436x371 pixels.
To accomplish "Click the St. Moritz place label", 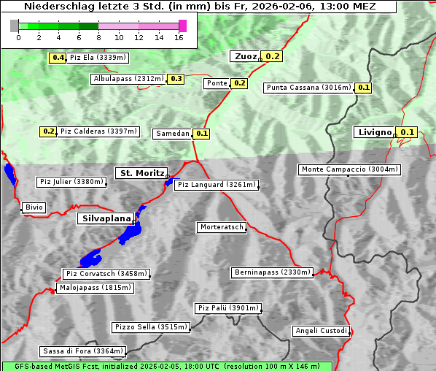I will coord(141,173).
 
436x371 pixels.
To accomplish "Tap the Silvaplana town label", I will coord(106,218).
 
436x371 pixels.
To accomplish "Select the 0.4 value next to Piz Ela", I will coord(57,58).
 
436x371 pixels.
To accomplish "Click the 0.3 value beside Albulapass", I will coord(176,79).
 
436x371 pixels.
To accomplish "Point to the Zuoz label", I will coord(244,56).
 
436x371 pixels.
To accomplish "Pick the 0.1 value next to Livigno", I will coord(408,132).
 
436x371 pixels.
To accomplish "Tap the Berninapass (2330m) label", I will coord(273,272).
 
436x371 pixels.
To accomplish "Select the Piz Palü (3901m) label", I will coord(227,308).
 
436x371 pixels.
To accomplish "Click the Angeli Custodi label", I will coord(322,331).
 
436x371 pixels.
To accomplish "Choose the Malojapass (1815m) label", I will coord(96,288).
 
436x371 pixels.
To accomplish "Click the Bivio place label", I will coord(34,207).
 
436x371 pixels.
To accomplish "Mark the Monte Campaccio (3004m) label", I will coord(350,169).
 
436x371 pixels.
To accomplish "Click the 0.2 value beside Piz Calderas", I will coord(48,131).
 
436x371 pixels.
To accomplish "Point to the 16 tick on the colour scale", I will coord(179,37).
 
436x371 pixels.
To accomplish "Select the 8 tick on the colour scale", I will coord(98,37).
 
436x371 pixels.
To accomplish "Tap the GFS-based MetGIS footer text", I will coord(166,366).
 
